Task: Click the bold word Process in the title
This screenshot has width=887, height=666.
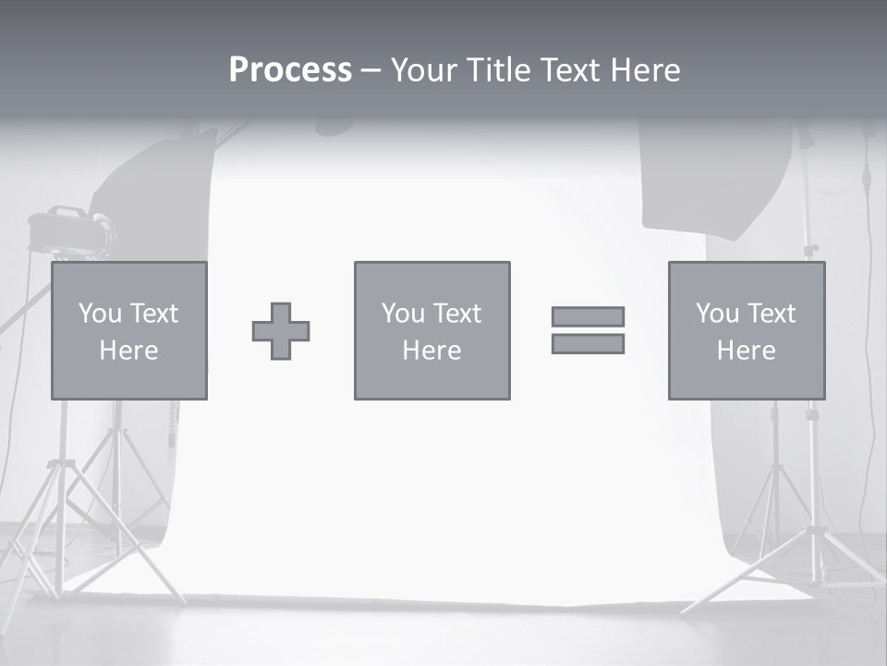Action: pos(290,70)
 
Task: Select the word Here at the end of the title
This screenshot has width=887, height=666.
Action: pos(645,70)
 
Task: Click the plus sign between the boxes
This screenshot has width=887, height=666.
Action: pos(281,331)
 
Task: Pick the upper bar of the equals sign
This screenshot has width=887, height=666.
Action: pos(588,317)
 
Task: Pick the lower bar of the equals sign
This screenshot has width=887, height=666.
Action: pos(588,344)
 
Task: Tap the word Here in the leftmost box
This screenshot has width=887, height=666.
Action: pos(128,351)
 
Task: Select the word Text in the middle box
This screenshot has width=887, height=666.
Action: pos(456,314)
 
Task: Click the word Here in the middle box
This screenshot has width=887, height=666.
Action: pos(431,351)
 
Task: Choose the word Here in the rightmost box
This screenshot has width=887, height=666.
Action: pos(746,351)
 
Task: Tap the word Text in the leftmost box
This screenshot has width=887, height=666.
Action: pos(153,314)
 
